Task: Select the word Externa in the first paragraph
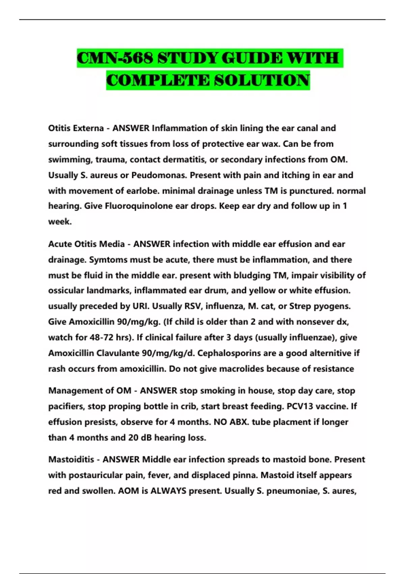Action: coord(88,128)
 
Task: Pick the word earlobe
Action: coord(143,191)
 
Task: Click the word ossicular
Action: coord(66,290)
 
